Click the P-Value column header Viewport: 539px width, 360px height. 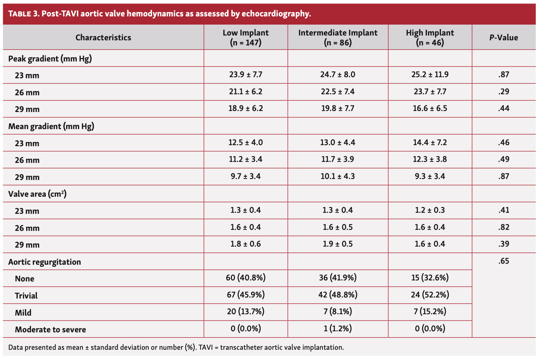click(x=503, y=38)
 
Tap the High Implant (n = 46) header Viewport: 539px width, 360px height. click(x=430, y=38)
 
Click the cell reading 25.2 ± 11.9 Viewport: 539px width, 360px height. click(x=430, y=74)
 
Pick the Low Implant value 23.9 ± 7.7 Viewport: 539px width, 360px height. click(x=246, y=74)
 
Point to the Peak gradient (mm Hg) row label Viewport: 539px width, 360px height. click(x=50, y=59)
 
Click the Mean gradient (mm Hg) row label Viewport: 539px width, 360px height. click(x=51, y=126)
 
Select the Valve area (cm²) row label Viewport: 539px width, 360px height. click(x=37, y=194)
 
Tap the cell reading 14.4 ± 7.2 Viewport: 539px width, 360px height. click(x=430, y=142)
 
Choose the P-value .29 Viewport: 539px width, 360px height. click(x=503, y=92)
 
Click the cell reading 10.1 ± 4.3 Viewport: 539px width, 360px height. click(x=338, y=176)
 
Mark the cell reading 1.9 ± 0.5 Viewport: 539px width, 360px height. click(x=338, y=244)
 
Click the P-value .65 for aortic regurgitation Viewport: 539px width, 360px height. click(x=503, y=261)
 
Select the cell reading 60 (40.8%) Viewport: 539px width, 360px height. click(x=246, y=278)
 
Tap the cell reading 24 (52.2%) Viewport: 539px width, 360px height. click(x=430, y=295)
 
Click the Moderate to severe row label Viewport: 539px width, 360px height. click(x=50, y=330)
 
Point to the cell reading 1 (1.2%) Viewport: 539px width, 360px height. click(x=338, y=329)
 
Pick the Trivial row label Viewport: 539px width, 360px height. click(x=26, y=296)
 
